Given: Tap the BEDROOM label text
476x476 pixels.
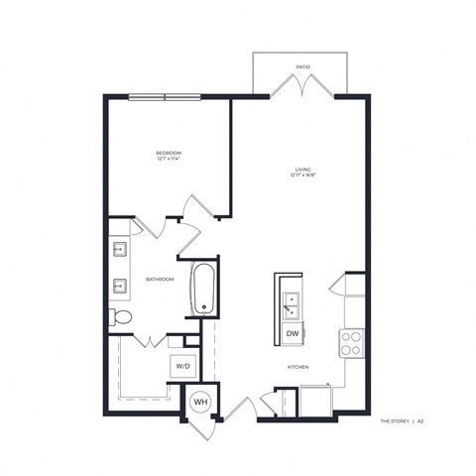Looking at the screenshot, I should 168,153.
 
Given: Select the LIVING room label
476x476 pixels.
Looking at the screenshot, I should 302,170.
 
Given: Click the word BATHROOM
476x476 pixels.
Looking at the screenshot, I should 161,280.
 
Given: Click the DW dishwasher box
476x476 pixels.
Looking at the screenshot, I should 293,334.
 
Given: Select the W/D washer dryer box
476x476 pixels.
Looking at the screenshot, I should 183,366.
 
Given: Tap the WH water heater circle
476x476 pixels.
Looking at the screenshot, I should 199,402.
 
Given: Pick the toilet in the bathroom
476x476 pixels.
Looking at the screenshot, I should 120,317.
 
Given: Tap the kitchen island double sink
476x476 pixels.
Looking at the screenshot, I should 293,301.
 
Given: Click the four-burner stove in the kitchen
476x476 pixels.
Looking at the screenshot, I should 351,343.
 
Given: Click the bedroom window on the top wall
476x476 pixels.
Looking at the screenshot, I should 164,96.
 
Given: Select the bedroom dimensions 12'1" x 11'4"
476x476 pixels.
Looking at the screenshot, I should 168,160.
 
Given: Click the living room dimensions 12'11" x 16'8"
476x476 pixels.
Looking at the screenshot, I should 302,177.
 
